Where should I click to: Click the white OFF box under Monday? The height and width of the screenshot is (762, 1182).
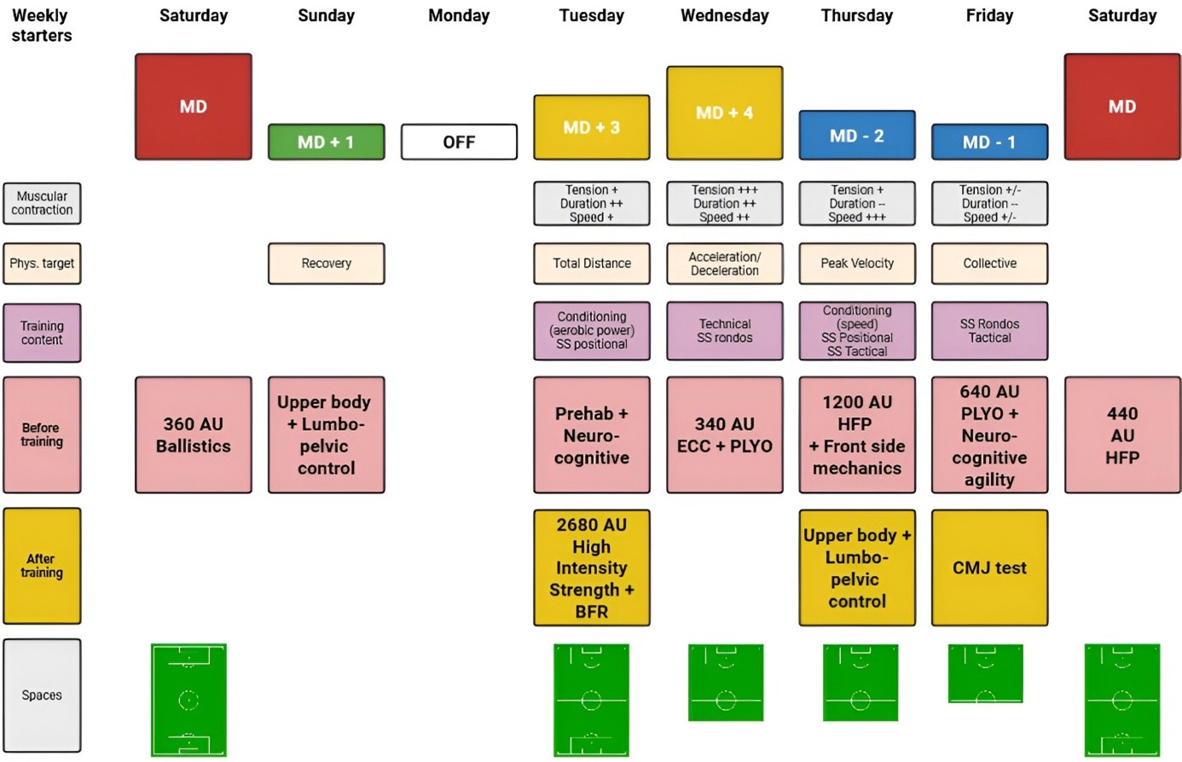click(x=459, y=142)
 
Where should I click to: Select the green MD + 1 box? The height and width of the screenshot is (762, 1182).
click(x=326, y=142)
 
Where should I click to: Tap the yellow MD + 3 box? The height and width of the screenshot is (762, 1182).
click(x=591, y=127)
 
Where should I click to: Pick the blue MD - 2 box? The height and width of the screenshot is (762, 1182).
click(x=856, y=135)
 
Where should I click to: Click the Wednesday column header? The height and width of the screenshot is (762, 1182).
click(x=724, y=15)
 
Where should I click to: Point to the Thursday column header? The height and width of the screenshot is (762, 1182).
click(x=856, y=15)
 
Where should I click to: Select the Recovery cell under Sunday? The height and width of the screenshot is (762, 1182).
click(x=326, y=263)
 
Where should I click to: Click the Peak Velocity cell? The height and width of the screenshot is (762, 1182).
click(x=856, y=263)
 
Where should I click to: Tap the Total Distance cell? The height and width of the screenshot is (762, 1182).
click(x=591, y=263)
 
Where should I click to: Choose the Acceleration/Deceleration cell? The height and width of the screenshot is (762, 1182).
click(x=724, y=263)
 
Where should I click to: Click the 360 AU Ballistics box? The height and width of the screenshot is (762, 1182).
click(x=194, y=434)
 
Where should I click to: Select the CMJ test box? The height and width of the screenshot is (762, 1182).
click(x=989, y=567)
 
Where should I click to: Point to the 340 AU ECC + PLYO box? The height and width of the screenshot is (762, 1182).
click(x=724, y=434)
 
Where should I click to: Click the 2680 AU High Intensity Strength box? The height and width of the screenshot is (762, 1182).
click(x=591, y=567)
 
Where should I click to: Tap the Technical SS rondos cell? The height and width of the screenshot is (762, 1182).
click(x=724, y=330)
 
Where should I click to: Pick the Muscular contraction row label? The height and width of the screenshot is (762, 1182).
click(x=42, y=203)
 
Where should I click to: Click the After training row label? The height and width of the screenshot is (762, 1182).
click(x=42, y=566)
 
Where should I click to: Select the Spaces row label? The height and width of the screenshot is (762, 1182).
click(x=42, y=695)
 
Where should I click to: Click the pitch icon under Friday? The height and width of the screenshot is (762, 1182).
click(x=985, y=673)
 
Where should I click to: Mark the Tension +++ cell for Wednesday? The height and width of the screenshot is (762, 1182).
click(x=724, y=203)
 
